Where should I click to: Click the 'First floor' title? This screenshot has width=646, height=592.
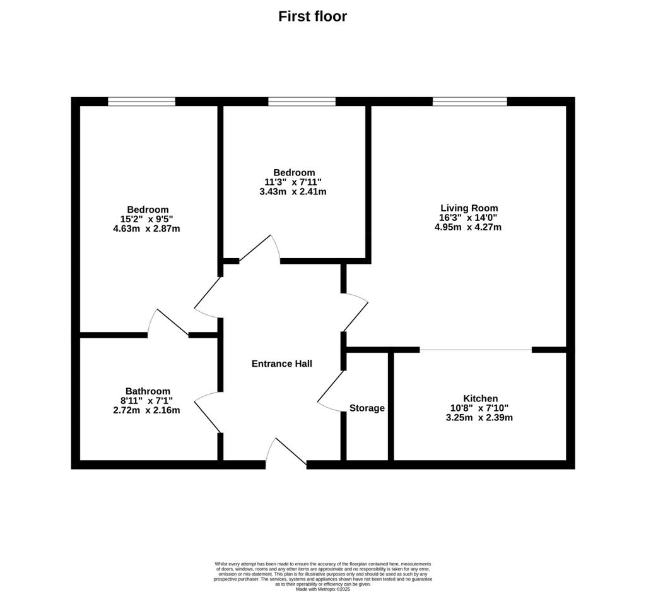313,16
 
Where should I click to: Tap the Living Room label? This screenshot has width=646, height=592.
469,208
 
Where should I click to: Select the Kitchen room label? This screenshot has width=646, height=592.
480,399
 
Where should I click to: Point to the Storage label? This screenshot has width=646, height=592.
367,408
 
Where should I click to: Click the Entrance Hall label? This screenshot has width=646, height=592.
282,364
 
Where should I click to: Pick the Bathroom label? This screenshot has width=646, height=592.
148,391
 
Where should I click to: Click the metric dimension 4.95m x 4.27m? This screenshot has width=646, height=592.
468,227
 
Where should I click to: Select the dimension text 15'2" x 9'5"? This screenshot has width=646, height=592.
147,219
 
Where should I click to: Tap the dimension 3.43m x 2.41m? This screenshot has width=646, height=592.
293,192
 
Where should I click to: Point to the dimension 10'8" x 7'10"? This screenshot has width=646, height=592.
479,408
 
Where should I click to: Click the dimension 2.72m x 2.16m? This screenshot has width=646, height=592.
146,411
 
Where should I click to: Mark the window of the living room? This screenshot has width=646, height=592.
469,102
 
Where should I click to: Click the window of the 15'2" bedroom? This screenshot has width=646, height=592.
141,102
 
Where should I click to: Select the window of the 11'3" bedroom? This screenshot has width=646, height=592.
302,102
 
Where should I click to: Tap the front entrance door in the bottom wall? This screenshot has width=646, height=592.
286,453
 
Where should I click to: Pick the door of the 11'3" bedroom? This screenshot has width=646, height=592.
260,249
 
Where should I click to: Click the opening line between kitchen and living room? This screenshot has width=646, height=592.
476,350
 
